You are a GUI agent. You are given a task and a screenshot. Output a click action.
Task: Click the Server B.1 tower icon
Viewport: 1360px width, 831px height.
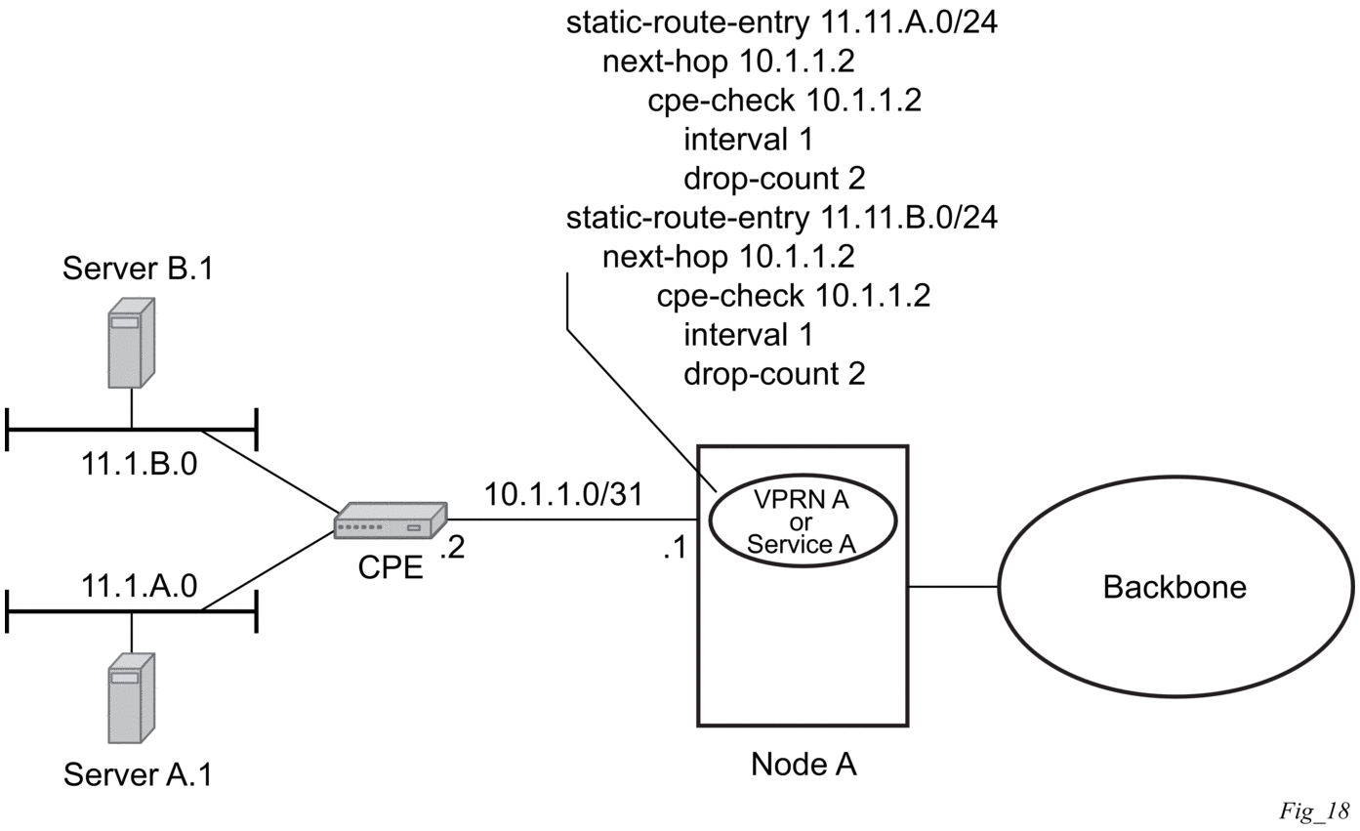click(131, 342)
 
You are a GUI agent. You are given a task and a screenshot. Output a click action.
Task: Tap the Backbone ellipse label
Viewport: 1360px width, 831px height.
click(1175, 587)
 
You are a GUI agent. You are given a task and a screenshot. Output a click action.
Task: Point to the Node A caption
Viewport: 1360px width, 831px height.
click(804, 764)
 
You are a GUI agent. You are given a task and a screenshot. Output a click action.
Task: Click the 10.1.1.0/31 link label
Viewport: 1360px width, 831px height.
click(563, 494)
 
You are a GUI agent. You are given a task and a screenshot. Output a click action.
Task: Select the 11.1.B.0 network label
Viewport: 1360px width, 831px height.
click(139, 464)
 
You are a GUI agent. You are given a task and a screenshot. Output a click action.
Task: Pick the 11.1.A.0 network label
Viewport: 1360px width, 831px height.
click(139, 586)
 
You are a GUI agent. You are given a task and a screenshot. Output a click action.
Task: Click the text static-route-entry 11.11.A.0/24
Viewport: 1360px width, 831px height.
click(781, 22)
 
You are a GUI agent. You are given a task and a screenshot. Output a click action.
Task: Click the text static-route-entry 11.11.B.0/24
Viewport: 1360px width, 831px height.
click(781, 217)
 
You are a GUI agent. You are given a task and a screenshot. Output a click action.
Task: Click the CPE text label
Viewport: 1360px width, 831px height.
click(391, 566)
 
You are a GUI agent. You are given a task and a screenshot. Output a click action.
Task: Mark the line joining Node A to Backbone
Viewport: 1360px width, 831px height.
click(953, 587)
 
